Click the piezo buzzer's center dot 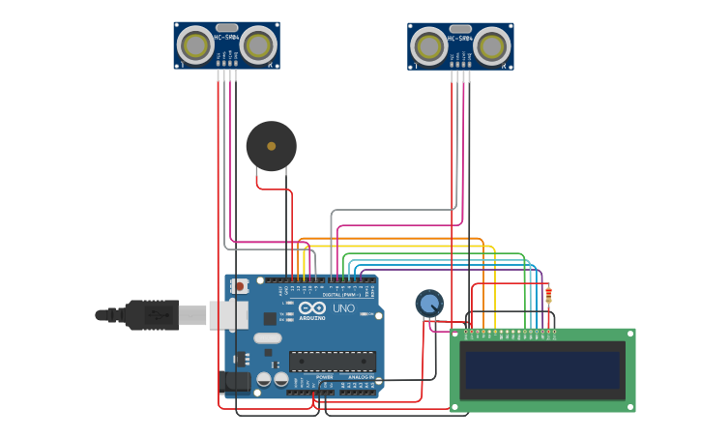[271, 146]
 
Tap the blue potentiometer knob [429, 304]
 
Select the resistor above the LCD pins [548, 295]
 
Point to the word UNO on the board [343, 308]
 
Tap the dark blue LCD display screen [541, 369]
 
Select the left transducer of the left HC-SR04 [196, 44]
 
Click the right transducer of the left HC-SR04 [258, 44]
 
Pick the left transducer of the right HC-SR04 [429, 45]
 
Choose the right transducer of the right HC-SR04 [491, 45]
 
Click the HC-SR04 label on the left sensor [226, 38]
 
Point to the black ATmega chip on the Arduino [332, 362]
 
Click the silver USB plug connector [193, 315]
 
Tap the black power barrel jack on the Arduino [235, 382]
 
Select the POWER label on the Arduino [324, 378]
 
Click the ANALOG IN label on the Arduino [360, 378]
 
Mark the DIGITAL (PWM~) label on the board [340, 295]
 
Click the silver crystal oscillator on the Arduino [268, 338]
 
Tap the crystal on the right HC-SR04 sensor [460, 29]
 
